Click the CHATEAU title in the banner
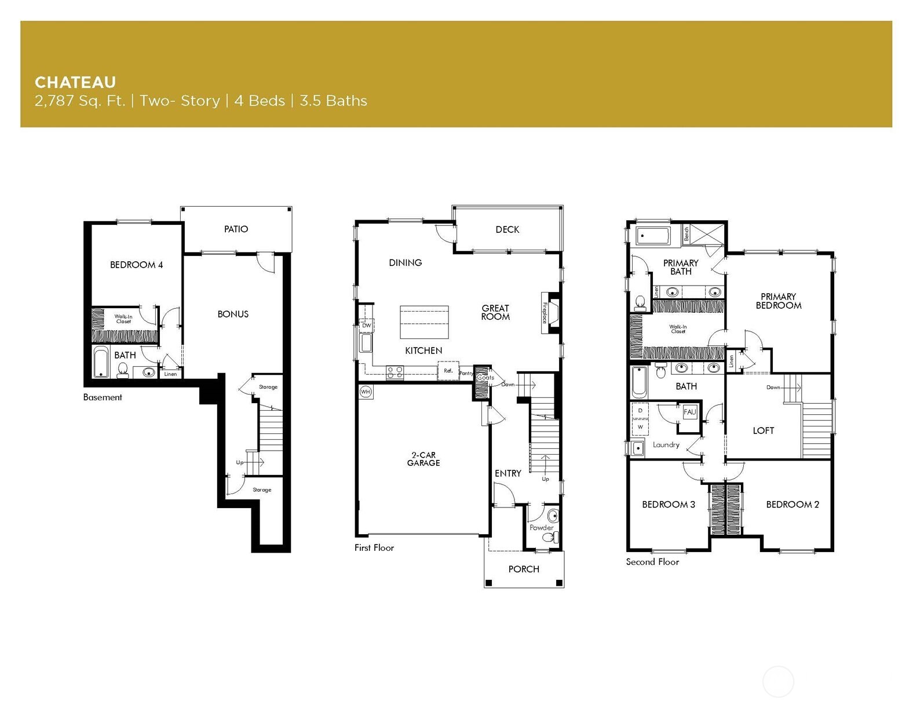click(x=75, y=82)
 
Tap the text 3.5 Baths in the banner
click(x=333, y=101)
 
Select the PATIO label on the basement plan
click(x=236, y=229)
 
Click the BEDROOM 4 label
click(x=136, y=265)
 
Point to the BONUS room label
click(x=233, y=314)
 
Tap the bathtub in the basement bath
click(x=101, y=363)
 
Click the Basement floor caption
click(x=103, y=397)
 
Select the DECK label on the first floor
click(x=507, y=229)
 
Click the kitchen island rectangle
click(x=424, y=323)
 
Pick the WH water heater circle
click(x=366, y=392)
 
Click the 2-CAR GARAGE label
click(x=423, y=459)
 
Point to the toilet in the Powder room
click(x=553, y=516)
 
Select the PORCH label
click(x=524, y=569)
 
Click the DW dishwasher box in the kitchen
click(x=366, y=326)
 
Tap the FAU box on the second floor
click(x=689, y=412)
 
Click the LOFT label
click(x=763, y=430)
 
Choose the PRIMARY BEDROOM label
click(x=778, y=301)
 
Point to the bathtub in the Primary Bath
click(x=652, y=236)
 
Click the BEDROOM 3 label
click(x=668, y=505)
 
